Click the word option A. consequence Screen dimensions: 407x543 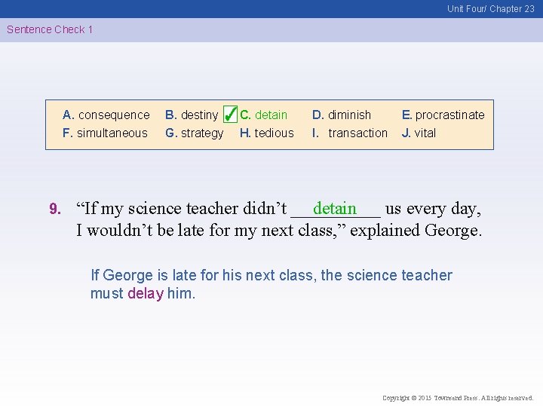(x=106, y=115)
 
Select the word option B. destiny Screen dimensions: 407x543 (x=192, y=115)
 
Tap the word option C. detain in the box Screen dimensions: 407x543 (x=264, y=115)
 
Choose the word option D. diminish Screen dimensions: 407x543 (x=342, y=115)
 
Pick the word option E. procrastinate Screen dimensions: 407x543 (x=443, y=115)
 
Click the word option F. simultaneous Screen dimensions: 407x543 (x=106, y=133)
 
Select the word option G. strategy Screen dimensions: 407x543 (x=195, y=133)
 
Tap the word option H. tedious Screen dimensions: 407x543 (x=267, y=133)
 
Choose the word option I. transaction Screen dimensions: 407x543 (x=350, y=133)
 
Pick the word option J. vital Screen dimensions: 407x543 (x=419, y=133)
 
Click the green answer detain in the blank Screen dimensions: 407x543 (x=335, y=207)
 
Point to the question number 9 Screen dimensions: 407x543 (x=54, y=209)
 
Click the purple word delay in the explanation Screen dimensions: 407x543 (x=146, y=293)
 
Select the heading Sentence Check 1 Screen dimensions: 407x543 (x=50, y=29)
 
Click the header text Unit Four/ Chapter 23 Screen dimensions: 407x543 (x=490, y=9)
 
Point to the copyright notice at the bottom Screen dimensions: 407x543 (x=458, y=398)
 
